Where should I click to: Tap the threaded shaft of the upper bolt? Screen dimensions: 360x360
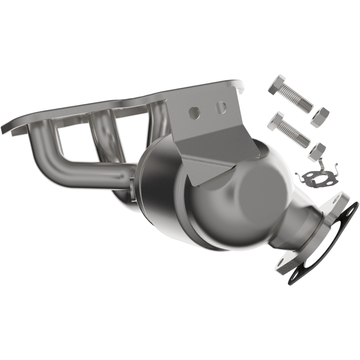(x=298, y=100)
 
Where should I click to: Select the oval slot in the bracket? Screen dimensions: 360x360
(x=221, y=107)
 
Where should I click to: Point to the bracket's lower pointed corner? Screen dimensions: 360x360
(x=192, y=185)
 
